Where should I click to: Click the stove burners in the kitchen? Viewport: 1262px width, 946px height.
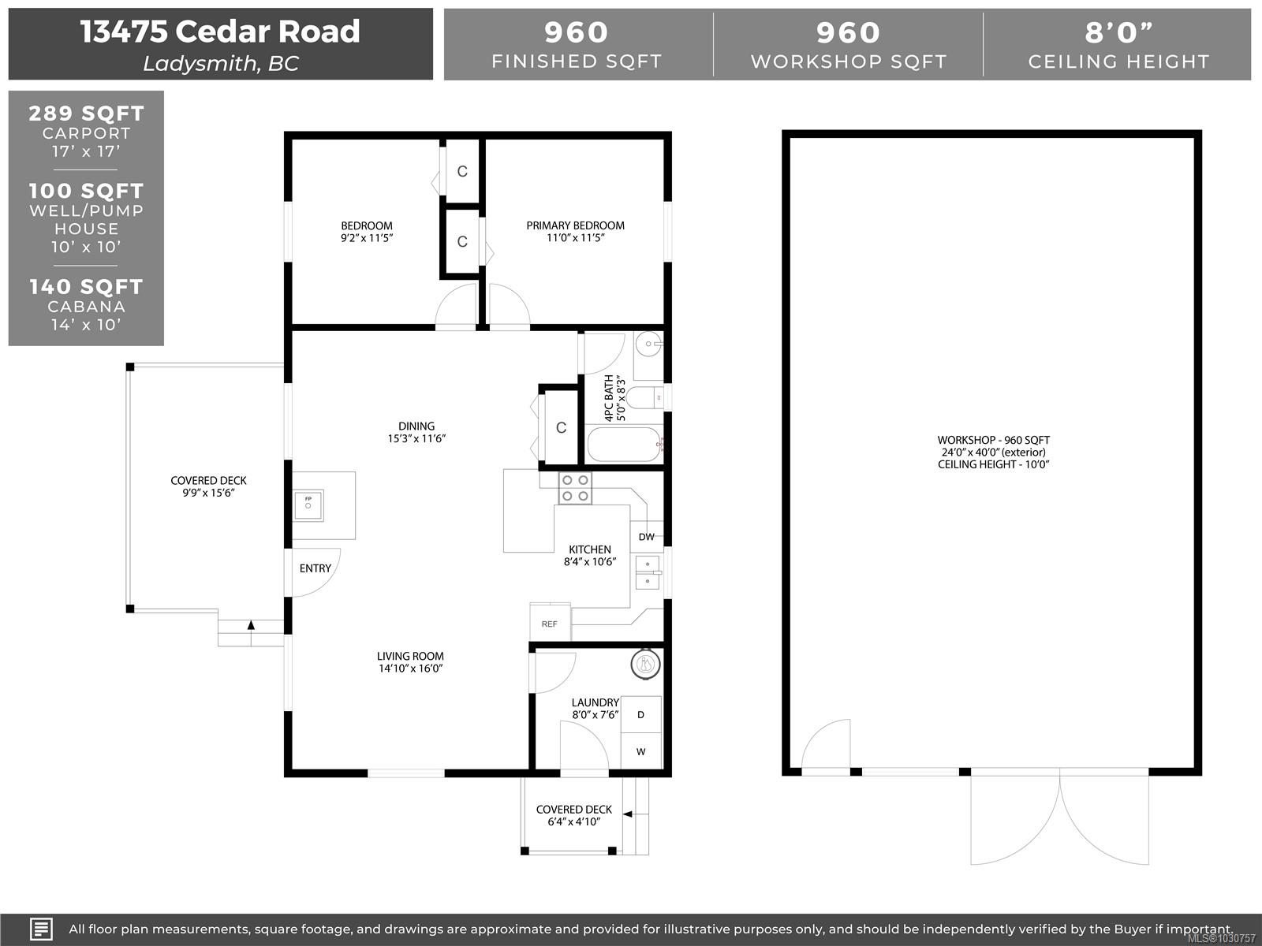(x=574, y=488)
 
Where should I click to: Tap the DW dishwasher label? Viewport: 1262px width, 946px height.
(x=647, y=537)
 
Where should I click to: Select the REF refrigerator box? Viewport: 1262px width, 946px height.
(x=550, y=623)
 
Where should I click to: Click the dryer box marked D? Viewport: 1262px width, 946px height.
(x=640, y=715)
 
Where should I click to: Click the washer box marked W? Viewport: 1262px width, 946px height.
(x=640, y=751)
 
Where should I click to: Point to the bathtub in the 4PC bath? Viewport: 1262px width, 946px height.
(x=625, y=445)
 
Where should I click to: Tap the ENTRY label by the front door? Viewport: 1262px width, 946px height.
(x=315, y=568)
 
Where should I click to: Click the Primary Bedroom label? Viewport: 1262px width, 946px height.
(x=575, y=225)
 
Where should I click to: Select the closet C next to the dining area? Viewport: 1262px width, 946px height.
(x=561, y=428)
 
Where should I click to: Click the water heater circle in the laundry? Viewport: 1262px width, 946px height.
(x=645, y=665)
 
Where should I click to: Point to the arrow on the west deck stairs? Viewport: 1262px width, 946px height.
(x=251, y=625)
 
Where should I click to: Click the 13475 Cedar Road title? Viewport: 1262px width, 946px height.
(x=220, y=32)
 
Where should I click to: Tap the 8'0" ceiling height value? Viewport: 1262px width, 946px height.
(x=1118, y=32)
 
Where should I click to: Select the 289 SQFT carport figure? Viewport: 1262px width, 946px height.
(x=86, y=114)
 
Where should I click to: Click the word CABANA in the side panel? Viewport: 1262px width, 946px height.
(x=86, y=307)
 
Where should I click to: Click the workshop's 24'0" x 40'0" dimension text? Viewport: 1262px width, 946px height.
(x=993, y=453)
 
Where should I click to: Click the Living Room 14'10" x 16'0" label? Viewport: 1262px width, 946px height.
(x=410, y=662)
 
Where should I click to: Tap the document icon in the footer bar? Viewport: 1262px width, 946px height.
(x=41, y=929)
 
